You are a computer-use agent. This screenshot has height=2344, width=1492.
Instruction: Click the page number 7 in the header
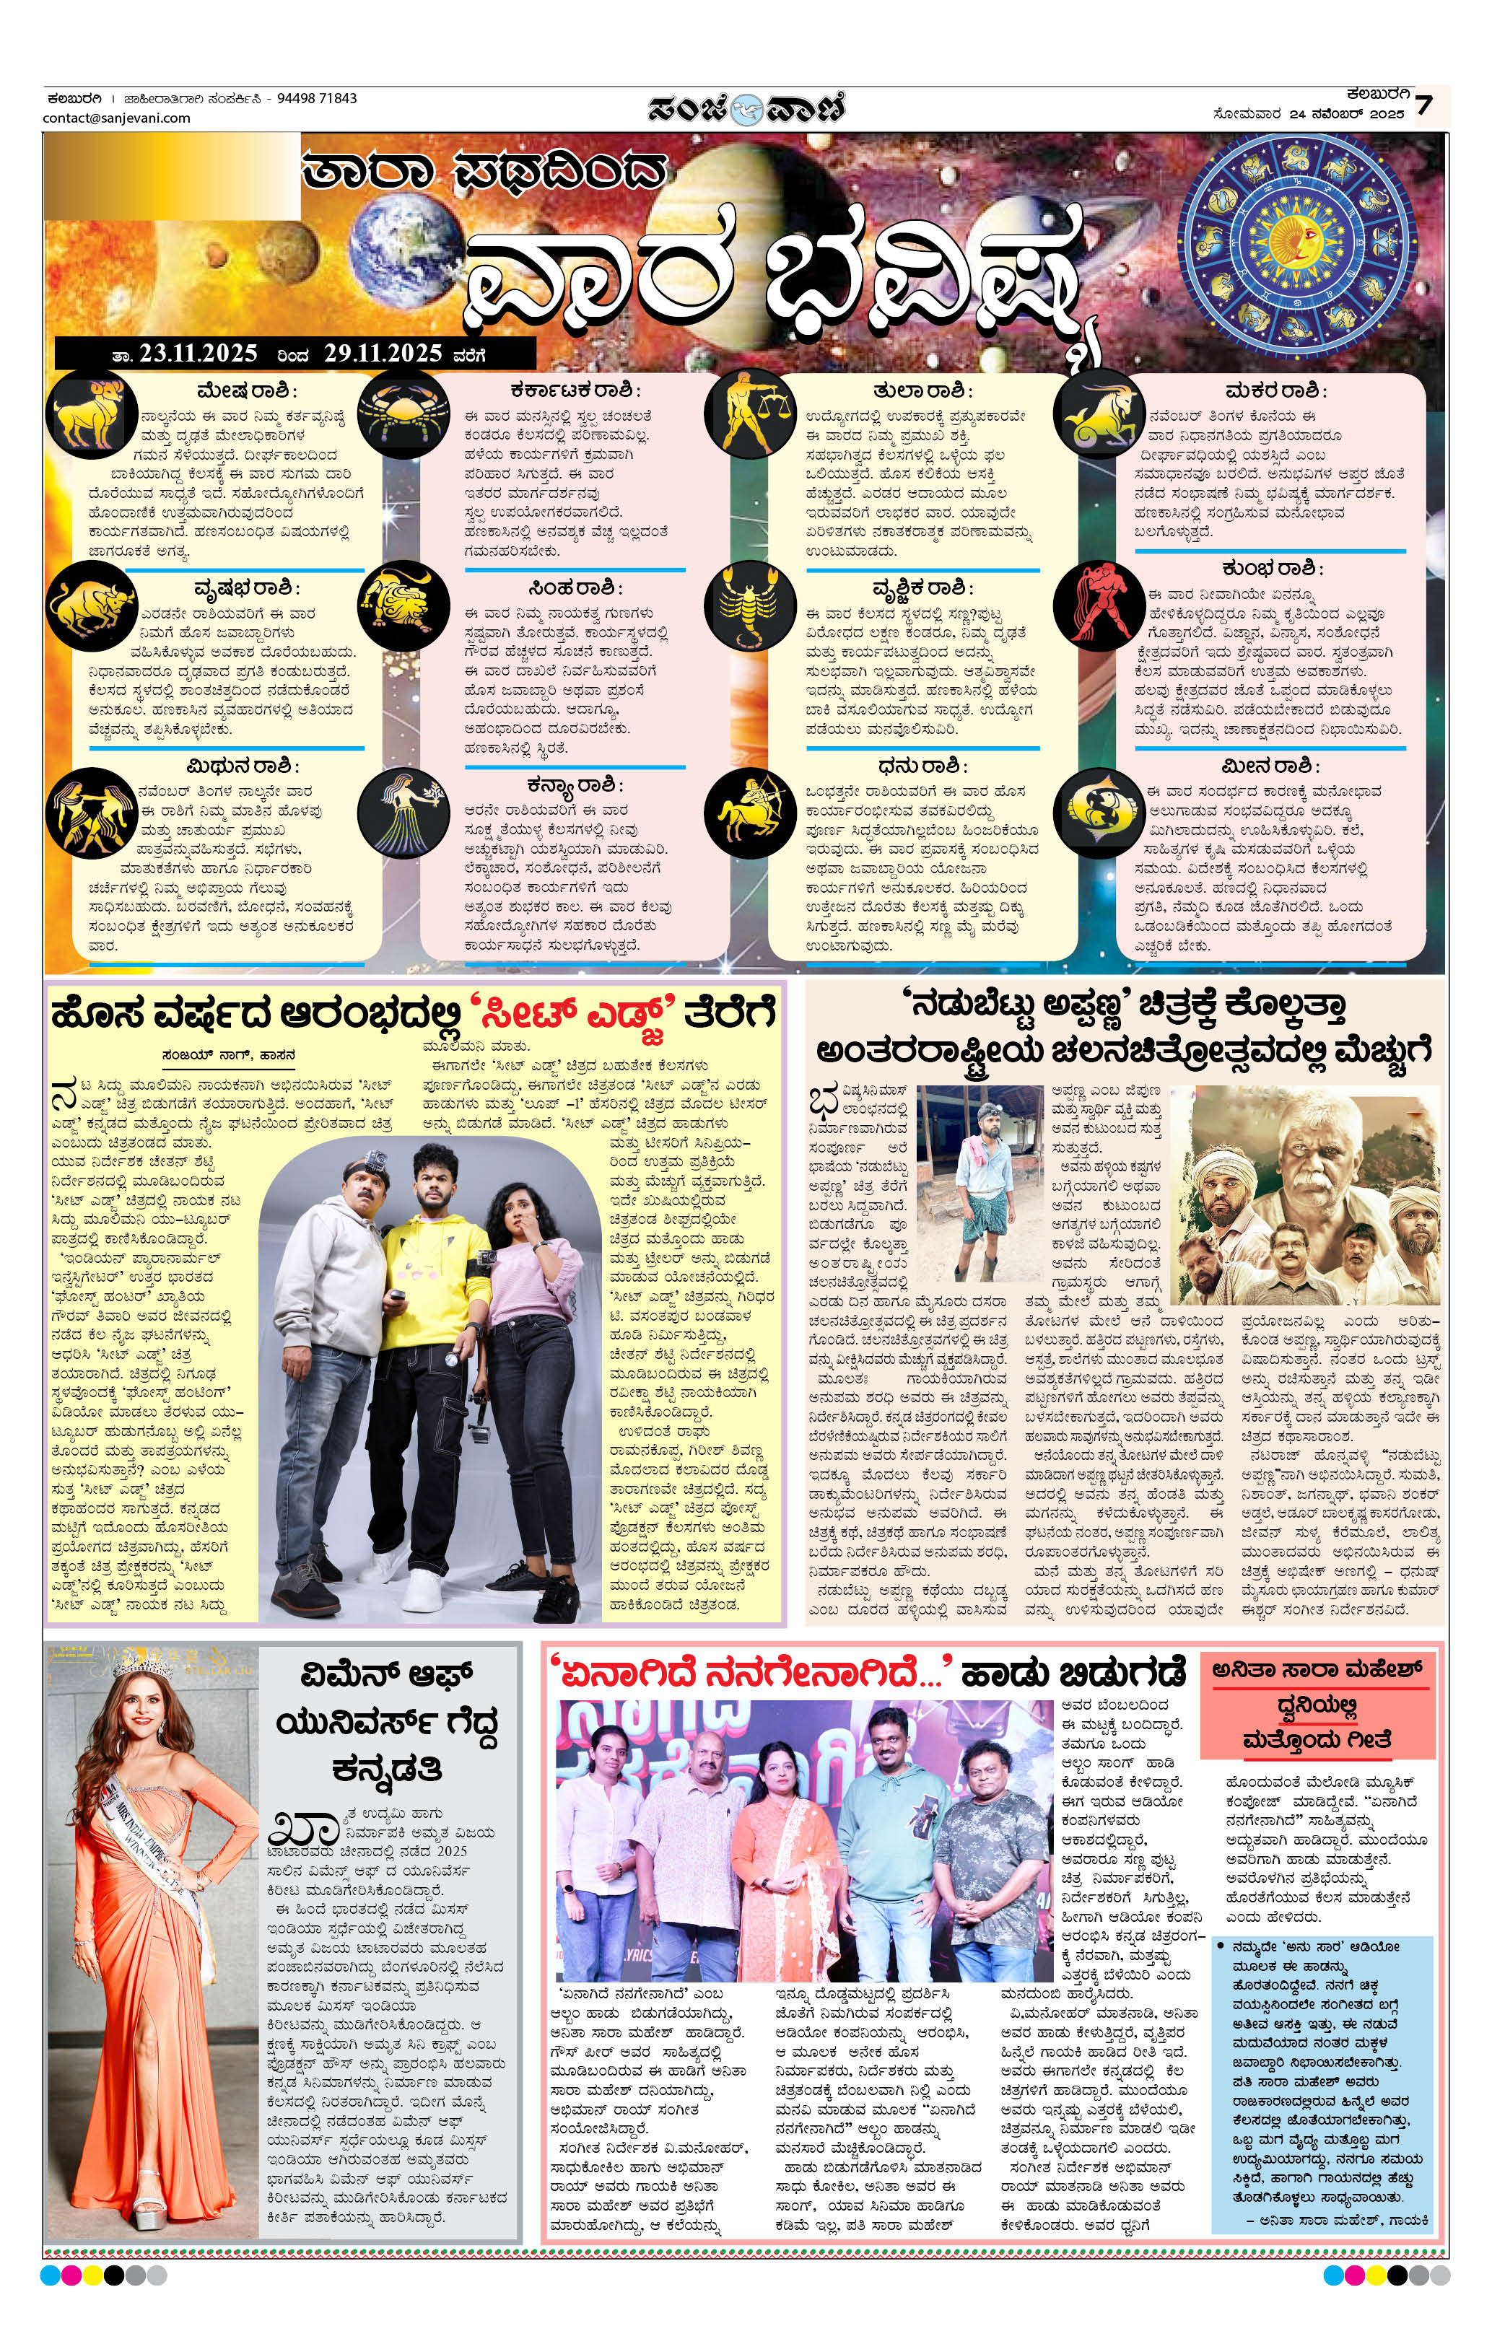pos(1424,104)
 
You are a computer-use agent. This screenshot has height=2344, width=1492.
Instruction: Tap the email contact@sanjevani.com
pos(117,118)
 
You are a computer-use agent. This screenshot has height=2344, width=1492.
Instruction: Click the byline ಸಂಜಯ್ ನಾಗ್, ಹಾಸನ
pos(230,1054)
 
